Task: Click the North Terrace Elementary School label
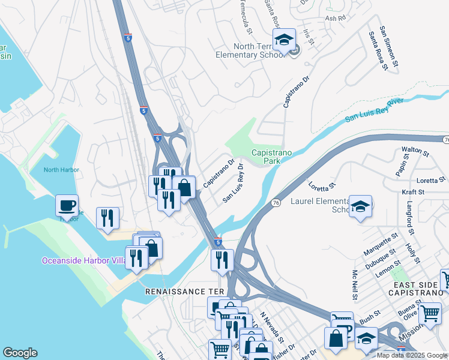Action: (x=250, y=50)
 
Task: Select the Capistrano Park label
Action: (x=271, y=157)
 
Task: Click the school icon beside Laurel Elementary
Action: (x=360, y=206)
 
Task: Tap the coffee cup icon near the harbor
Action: (x=67, y=206)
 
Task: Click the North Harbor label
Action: (x=61, y=170)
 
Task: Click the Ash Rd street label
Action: (x=336, y=19)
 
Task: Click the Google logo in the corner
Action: (x=20, y=353)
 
